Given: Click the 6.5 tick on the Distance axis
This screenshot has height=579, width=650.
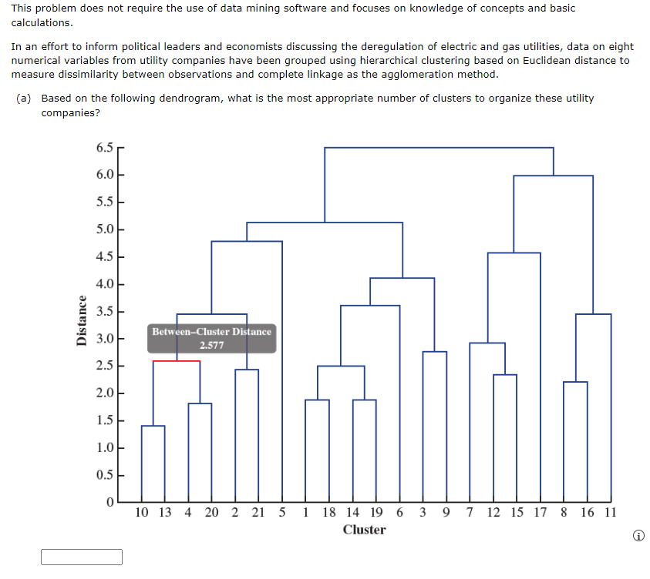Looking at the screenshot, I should [106, 147].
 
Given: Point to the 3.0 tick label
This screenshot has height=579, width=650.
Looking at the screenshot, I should [106, 339].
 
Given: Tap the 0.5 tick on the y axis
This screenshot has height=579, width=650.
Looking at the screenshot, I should [106, 475].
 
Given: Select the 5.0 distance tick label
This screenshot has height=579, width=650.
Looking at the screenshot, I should [106, 229].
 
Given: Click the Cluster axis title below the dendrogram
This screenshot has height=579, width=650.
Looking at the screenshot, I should [364, 530].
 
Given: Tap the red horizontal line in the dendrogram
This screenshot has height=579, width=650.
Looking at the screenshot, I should [176, 361].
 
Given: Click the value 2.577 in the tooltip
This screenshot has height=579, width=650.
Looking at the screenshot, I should [211, 345].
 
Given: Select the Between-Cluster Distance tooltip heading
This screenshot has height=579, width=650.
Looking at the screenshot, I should [211, 332].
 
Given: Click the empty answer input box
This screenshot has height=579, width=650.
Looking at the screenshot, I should [82, 557].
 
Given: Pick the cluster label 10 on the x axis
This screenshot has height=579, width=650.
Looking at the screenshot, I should [142, 512].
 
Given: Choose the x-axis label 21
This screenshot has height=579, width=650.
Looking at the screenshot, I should [258, 512].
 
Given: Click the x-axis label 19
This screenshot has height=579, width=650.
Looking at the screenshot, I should [376, 512].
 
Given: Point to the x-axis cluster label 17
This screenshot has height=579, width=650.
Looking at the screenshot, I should [540, 512].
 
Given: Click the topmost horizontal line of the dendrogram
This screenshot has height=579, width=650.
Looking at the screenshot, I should [439, 147].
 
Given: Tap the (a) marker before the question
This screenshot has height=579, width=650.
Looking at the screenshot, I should [25, 99].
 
